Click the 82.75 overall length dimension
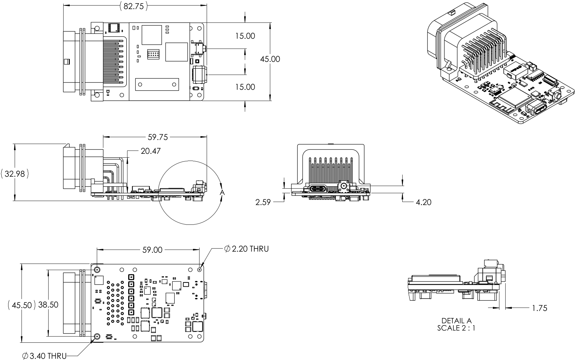[x=134, y=6]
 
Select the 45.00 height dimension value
[x=270, y=59]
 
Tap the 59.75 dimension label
[x=158, y=137]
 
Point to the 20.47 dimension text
[x=151, y=151]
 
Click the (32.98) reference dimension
[x=15, y=174]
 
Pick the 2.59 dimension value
[x=263, y=202]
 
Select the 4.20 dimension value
[x=423, y=202]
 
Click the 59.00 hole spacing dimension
[x=152, y=250]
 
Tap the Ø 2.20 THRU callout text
[x=247, y=249]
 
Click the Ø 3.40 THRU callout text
[x=45, y=356]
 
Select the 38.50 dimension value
[x=48, y=305]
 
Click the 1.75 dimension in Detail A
[x=539, y=308]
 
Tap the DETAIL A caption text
[x=456, y=321]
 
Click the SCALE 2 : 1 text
[x=456, y=328]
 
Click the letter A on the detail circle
[x=222, y=193]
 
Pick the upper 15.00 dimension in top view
[x=245, y=36]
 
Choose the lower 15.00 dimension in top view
[x=245, y=87]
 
